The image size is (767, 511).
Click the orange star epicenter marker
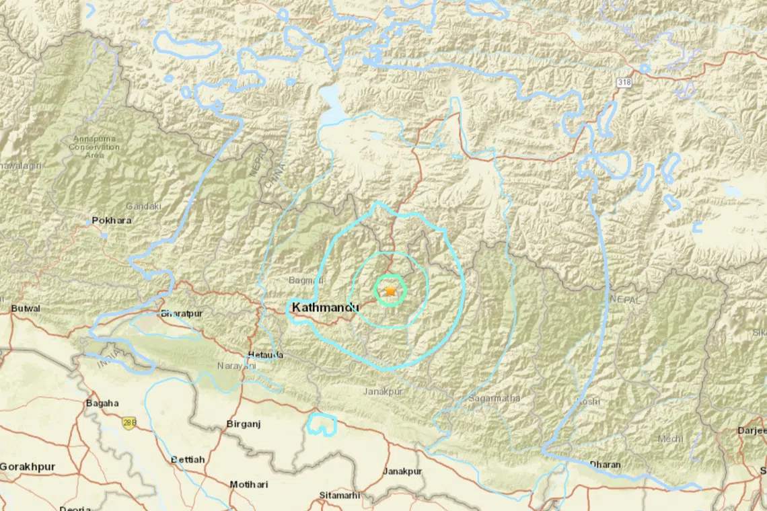tap(390, 291)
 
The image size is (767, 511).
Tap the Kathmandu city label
tap(325, 307)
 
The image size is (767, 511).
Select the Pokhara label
tap(112, 220)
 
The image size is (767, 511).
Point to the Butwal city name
tap(26, 309)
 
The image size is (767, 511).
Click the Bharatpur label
tap(182, 313)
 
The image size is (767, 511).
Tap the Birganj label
tap(242, 424)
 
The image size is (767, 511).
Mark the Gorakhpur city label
tap(27, 466)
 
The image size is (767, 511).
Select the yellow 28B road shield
tap(129, 424)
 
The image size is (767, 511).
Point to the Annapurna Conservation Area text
tap(95, 147)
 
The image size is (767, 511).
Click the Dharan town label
tap(605, 464)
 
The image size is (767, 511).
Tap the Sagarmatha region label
tap(495, 398)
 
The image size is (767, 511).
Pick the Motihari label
tap(248, 484)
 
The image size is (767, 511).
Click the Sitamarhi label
tap(339, 496)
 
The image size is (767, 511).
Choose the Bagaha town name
tap(102, 403)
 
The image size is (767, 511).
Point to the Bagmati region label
tap(306, 280)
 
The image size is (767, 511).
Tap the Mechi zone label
tap(669, 439)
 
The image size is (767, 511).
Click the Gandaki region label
tap(143, 206)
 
